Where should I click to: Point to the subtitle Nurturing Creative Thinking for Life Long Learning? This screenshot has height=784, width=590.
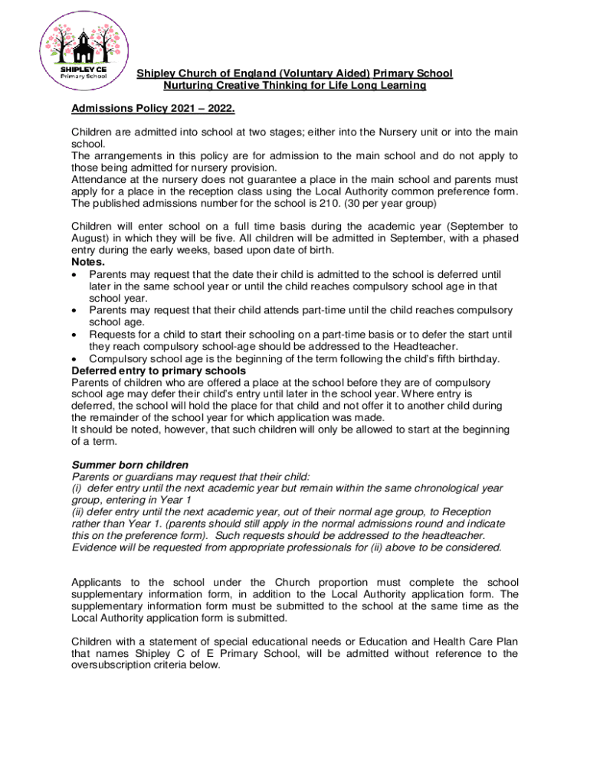(294, 86)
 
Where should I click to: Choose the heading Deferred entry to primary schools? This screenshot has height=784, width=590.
(159, 371)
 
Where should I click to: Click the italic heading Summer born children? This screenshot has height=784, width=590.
(129, 465)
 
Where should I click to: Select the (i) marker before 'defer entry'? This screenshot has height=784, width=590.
(77, 488)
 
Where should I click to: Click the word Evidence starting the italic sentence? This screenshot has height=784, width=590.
(96, 547)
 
